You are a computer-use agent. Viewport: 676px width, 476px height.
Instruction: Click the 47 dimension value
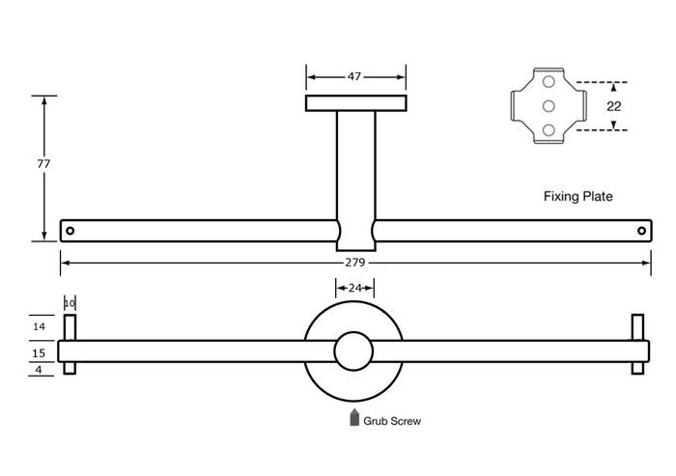[354, 76]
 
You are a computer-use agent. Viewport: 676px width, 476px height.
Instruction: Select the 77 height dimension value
[43, 164]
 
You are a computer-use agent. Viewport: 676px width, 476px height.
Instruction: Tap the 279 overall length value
[354, 263]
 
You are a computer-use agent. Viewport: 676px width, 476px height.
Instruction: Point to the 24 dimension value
[354, 288]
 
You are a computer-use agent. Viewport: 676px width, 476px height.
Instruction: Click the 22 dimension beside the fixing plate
[613, 106]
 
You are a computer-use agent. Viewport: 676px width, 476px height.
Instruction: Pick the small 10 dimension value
[70, 303]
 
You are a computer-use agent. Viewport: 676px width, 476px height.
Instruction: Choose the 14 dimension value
[39, 326]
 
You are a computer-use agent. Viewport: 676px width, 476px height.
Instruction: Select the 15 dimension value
[39, 353]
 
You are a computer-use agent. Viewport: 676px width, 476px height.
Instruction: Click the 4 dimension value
[39, 370]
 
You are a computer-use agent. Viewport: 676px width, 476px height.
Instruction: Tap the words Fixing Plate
[577, 197]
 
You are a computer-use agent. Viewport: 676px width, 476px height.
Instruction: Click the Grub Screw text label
[392, 421]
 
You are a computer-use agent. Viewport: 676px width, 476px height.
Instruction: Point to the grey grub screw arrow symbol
[354, 417]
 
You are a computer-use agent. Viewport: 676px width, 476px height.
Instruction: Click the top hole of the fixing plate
[549, 81]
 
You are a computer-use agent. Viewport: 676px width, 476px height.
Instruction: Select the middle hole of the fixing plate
[549, 105]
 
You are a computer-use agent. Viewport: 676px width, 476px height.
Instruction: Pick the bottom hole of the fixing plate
[549, 129]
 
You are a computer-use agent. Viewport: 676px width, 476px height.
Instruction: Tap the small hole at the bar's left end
[70, 231]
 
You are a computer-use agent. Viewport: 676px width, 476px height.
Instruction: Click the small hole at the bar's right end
[641, 231]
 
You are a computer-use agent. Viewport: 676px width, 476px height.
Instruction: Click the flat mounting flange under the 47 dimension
[356, 103]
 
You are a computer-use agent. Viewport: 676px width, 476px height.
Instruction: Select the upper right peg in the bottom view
[638, 327]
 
